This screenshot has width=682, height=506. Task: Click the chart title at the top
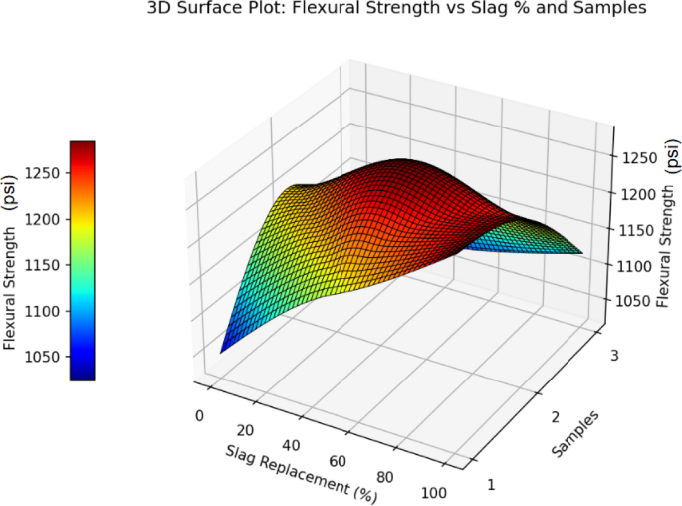click(x=396, y=9)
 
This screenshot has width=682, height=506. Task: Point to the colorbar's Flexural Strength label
click(x=11, y=261)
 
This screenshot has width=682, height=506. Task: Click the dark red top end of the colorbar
click(x=82, y=145)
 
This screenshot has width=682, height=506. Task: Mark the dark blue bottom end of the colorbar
click(x=82, y=376)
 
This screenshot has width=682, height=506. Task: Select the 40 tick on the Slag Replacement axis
click(x=291, y=444)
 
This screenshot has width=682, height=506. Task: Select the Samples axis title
click(x=576, y=435)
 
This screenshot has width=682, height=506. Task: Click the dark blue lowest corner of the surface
click(x=223, y=350)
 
